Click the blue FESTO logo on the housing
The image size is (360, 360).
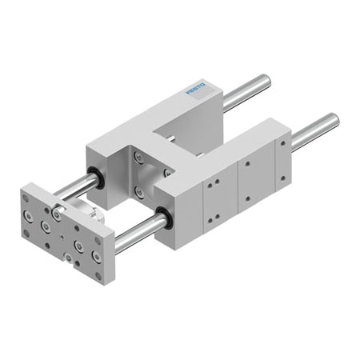[x=196, y=88]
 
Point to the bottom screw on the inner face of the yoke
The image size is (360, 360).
[x=140, y=192]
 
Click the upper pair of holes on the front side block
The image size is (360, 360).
[x=212, y=185]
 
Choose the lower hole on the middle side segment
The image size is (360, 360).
[x=249, y=196]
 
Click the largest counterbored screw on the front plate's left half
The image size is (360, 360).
[x=46, y=226]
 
